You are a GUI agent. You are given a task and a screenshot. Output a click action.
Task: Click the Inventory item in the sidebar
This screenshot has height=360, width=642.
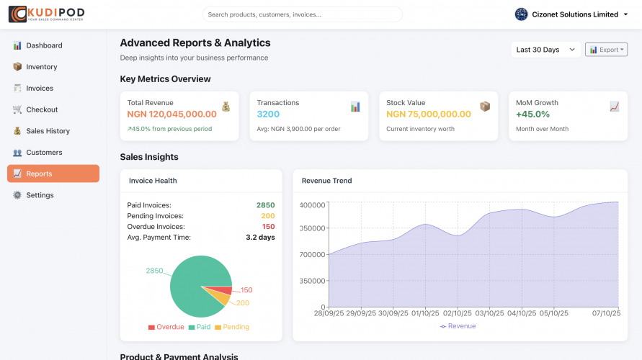pos(41,67)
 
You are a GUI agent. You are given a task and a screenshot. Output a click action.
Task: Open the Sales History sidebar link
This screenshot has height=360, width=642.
pos(48,131)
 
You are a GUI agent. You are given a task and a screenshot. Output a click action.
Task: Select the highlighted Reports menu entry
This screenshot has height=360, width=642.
pos(39,174)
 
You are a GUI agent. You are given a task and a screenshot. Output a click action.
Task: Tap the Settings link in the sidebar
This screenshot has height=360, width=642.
pos(40,195)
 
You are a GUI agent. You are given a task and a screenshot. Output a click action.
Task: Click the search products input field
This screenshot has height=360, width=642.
pos(302,14)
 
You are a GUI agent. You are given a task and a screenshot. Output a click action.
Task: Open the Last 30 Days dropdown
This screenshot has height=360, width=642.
pos(545,50)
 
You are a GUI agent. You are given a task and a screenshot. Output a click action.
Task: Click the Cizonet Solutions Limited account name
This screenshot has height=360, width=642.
pos(575,14)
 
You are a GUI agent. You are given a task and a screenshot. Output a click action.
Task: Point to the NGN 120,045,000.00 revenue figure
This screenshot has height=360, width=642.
pos(171,114)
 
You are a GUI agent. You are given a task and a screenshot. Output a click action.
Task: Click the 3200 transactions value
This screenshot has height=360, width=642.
pos(268,114)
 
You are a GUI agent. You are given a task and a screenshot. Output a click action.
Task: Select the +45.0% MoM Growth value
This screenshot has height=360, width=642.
pos(532,114)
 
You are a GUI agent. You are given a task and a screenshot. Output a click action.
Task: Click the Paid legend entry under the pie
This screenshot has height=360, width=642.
pos(200,327)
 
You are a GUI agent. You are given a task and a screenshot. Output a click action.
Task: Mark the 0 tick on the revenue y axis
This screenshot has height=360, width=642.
pos(323,307)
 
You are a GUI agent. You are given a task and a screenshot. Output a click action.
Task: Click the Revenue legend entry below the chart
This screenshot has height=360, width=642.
pos(458,326)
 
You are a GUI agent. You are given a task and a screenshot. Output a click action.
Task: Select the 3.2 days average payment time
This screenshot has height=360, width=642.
pos(260,237)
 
